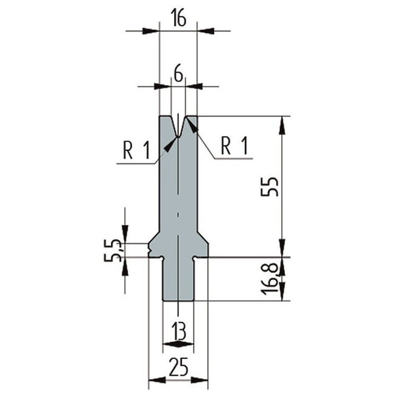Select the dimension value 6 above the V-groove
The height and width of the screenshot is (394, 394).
(178, 73)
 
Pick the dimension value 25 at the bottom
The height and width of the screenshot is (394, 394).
(178, 367)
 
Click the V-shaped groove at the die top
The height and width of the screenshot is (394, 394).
(178, 125)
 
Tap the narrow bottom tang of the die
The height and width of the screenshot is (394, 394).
(178, 279)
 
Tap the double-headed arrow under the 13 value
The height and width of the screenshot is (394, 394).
(178, 344)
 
